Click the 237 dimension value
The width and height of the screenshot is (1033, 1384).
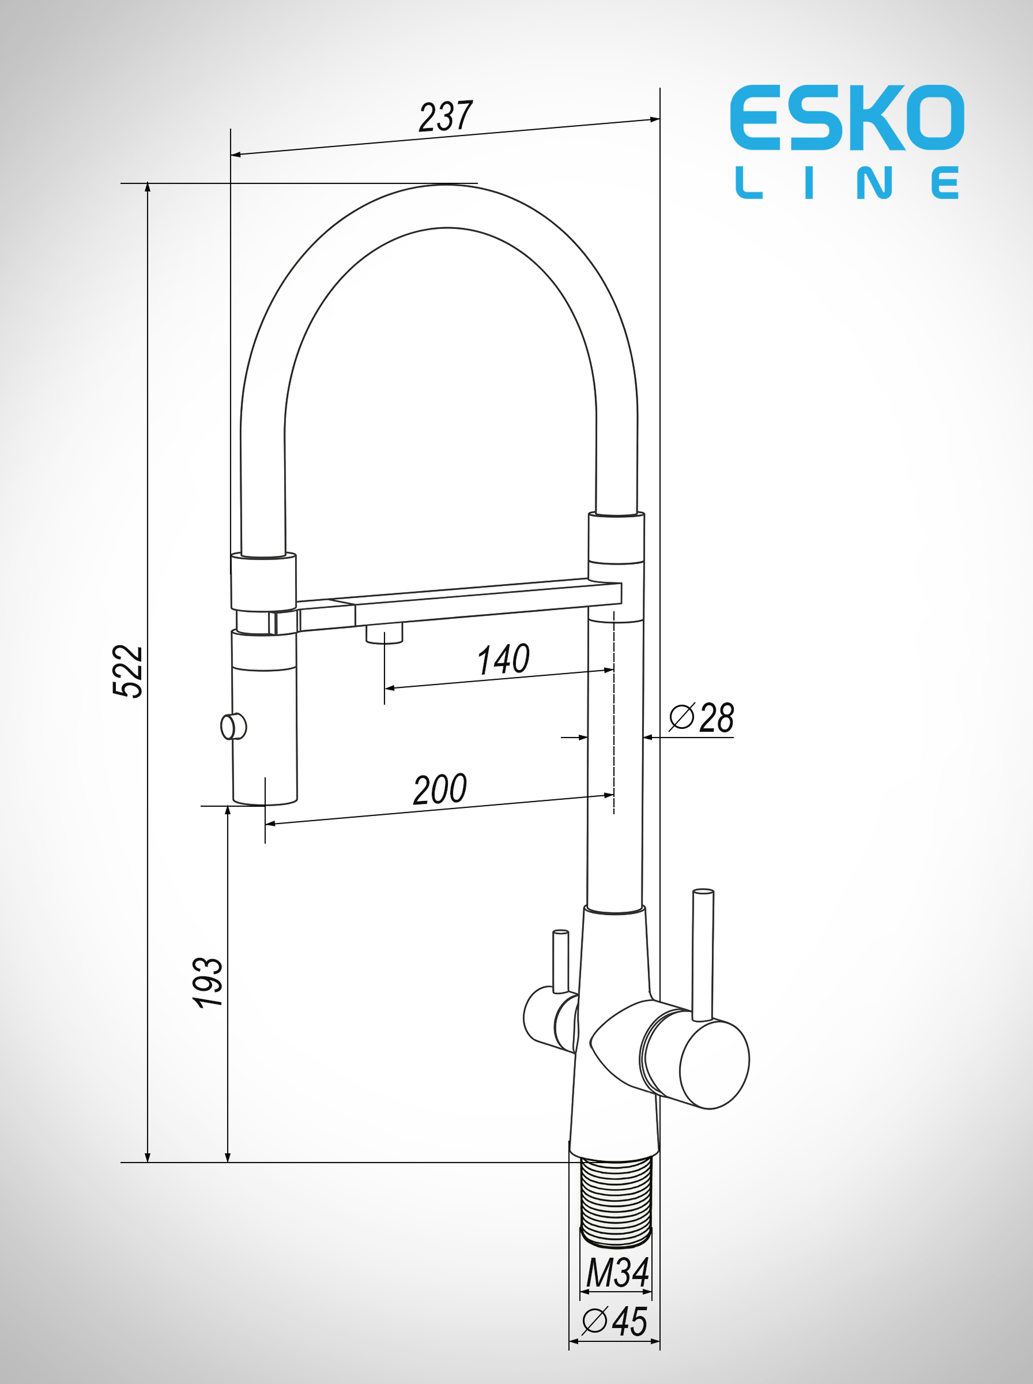pos(446,116)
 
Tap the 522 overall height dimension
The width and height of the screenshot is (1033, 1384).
pos(127,671)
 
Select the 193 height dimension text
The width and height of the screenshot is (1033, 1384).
pos(207,982)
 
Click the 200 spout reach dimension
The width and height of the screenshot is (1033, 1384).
pos(440,789)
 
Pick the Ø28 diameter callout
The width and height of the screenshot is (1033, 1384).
pos(701,717)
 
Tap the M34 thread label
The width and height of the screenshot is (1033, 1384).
pos(617,1273)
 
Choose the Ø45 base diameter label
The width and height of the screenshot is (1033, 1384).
pos(614,1322)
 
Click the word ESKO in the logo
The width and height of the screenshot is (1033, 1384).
pos(847,118)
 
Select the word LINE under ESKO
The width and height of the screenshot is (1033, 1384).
pos(847,183)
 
